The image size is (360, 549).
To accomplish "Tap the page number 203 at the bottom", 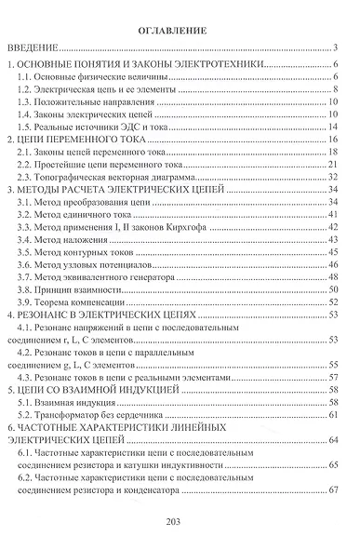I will point(179,520).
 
